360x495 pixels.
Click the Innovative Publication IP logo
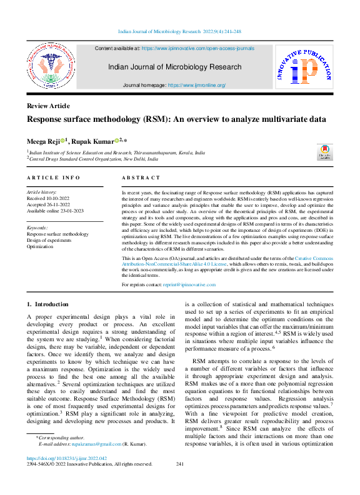pyautogui.click(x=304, y=67)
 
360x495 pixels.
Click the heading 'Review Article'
pyautogui.click(x=48, y=106)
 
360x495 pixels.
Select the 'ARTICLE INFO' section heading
pyautogui.click(x=53, y=178)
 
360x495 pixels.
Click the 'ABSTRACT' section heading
pyautogui.click(x=141, y=178)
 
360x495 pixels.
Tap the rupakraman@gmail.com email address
pyautogui.click(x=96, y=444)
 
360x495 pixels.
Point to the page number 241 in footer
pyautogui.click(x=180, y=464)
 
